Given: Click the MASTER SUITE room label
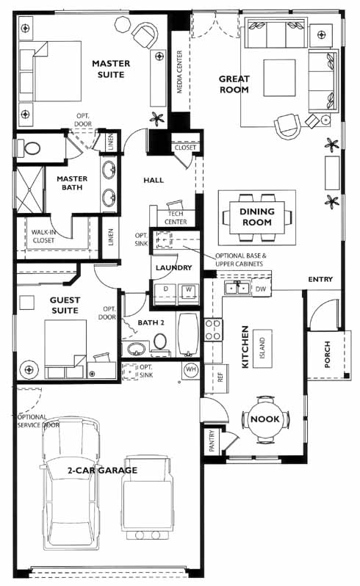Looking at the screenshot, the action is pyautogui.click(x=111, y=69).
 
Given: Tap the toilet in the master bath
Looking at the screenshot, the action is pyautogui.click(x=29, y=148).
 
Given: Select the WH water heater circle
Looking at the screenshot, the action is pyautogui.click(x=191, y=369).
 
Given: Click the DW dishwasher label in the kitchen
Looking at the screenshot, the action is pyautogui.click(x=261, y=289).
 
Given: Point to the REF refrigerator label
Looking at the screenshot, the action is pyautogui.click(x=220, y=377).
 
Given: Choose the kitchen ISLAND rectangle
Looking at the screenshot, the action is pyautogui.click(x=262, y=348).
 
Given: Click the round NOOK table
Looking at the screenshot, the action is pyautogui.click(x=265, y=419).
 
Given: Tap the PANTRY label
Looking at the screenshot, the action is pyautogui.click(x=212, y=441).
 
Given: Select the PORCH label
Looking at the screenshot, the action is pyautogui.click(x=328, y=354).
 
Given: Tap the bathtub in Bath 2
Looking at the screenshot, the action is pyautogui.click(x=188, y=335).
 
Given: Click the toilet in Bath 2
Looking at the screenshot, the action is pyautogui.click(x=160, y=344).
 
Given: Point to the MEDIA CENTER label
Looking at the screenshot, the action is pyautogui.click(x=180, y=72).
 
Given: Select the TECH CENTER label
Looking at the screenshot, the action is pyautogui.click(x=176, y=217).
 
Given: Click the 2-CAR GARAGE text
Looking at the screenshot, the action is pyautogui.click(x=102, y=470).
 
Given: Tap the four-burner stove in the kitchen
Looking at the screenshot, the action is pyautogui.click(x=213, y=330).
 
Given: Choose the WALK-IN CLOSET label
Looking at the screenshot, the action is pyautogui.click(x=44, y=236).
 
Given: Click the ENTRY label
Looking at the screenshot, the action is pyautogui.click(x=320, y=279).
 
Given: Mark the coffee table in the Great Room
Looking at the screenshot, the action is pyautogui.click(x=279, y=78).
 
